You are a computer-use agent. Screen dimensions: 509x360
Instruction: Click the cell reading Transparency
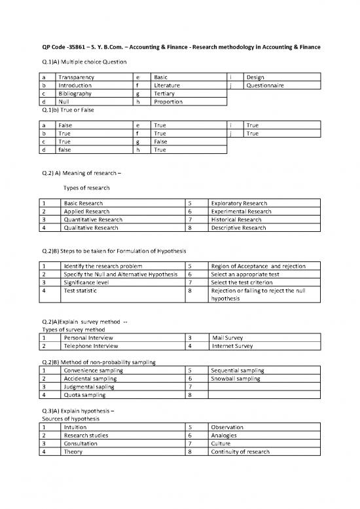click(x=76, y=77)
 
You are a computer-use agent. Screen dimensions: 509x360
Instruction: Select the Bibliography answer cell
click(x=75, y=94)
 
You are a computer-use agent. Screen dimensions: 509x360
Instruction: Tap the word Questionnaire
click(x=265, y=85)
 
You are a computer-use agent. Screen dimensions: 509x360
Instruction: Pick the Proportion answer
click(x=169, y=102)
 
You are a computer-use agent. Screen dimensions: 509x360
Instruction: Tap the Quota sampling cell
click(x=85, y=394)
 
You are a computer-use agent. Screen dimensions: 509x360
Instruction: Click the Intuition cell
click(x=76, y=426)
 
